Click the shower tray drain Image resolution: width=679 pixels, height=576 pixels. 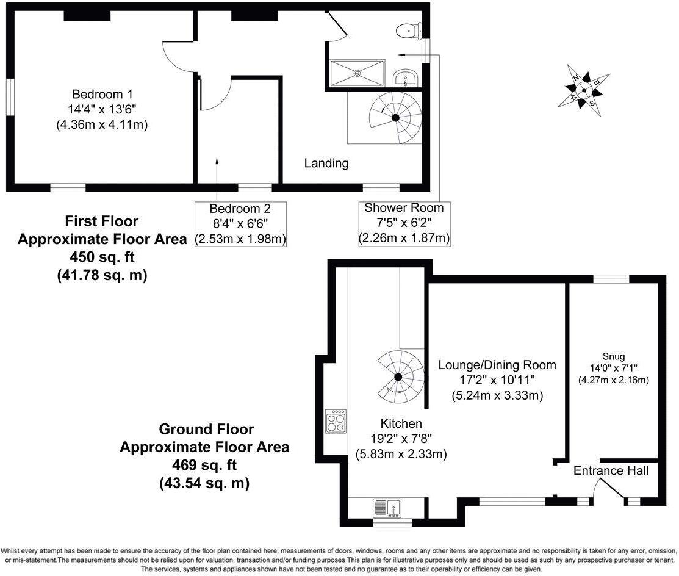pyautogui.click(x=357, y=73)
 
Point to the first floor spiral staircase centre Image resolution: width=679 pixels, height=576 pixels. pyautogui.click(x=395, y=117)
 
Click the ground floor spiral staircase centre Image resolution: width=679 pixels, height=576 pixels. pyautogui.click(x=397, y=376)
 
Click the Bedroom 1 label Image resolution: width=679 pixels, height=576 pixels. pyautogui.click(x=102, y=95)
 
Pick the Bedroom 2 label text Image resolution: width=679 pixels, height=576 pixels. pyautogui.click(x=240, y=208)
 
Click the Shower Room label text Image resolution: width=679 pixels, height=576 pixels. pyautogui.click(x=404, y=208)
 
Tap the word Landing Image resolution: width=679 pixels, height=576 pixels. pyautogui.click(x=326, y=163)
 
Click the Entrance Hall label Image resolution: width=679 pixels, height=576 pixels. pyautogui.click(x=611, y=471)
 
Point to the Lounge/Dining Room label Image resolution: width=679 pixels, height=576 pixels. pyautogui.click(x=497, y=365)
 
